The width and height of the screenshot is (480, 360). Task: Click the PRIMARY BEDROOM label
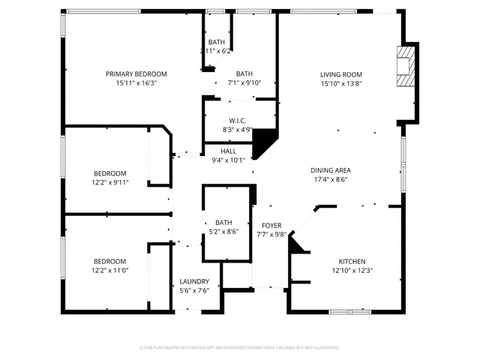point(136,73)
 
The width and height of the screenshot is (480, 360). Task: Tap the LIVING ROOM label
point(341,73)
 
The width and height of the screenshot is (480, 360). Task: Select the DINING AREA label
point(331,170)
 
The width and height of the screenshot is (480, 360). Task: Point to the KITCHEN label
point(352,260)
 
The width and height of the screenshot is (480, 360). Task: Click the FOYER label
point(271,225)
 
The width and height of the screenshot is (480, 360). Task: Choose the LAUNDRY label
point(194,281)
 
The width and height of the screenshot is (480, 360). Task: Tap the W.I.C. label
point(237,120)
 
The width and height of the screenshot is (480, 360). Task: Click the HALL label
point(228,151)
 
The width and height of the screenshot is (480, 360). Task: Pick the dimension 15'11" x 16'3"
point(136,83)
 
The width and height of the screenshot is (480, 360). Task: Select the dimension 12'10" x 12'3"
point(352,270)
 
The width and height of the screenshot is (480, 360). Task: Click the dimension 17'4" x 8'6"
point(331,180)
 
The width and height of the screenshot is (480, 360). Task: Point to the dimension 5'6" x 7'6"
point(194,291)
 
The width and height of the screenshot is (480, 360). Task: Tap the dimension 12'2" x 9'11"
point(110,182)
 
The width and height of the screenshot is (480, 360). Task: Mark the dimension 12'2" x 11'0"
point(110,270)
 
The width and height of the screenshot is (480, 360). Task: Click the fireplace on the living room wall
point(405,68)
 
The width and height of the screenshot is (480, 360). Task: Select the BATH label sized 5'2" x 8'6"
point(223,223)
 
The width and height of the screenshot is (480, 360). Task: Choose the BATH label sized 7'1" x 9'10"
point(244,73)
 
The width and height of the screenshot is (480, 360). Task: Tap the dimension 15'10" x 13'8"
point(341,83)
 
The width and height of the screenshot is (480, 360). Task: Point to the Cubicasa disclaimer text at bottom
point(239,348)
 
